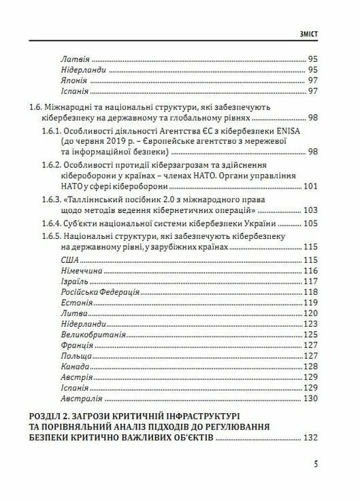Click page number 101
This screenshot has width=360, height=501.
310,187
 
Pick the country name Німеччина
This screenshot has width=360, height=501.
81,273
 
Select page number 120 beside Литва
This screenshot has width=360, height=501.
310,313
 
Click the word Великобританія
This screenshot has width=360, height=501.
91,335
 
